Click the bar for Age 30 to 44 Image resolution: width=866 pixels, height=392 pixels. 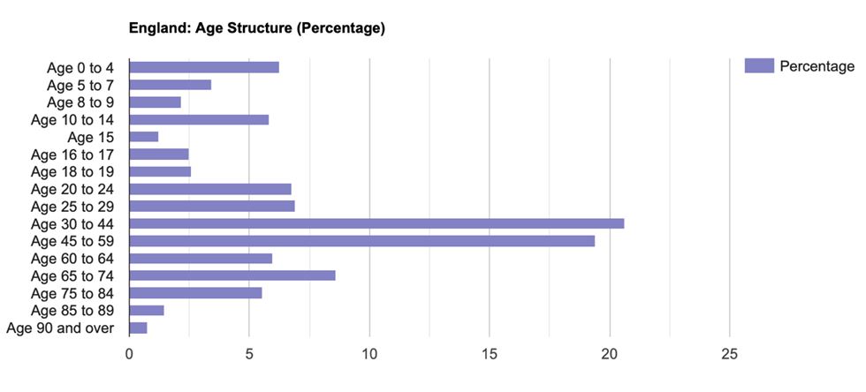pos(376,223)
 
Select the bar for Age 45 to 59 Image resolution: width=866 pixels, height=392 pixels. pos(362,241)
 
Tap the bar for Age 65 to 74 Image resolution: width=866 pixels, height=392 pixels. pos(232,275)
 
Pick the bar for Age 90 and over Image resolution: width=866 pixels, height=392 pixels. pos(138,328)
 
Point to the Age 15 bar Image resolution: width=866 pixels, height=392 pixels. pos(144,137)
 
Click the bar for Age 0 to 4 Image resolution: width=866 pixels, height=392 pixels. pos(204,67)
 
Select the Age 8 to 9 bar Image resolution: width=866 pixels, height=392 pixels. pos(156,102)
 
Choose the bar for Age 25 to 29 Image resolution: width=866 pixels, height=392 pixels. pos(212,206)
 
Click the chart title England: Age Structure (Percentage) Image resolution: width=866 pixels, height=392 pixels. pos(257,28)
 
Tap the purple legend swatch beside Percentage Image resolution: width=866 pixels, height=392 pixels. pos(759,66)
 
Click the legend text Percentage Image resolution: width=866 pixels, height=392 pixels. pos(817,66)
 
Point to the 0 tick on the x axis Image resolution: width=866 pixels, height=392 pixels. pos(130,355)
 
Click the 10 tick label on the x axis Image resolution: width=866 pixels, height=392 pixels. pos(369,355)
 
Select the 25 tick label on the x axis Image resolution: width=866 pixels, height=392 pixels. pos(729,355)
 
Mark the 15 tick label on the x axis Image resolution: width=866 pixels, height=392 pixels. pos(490,355)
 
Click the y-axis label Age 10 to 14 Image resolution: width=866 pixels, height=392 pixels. pos(77,120)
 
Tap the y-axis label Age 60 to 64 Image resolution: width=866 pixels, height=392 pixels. pos(77,259)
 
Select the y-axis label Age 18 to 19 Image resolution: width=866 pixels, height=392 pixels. pos(77,171)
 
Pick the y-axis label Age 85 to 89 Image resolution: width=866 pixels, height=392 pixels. pos(77,311)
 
